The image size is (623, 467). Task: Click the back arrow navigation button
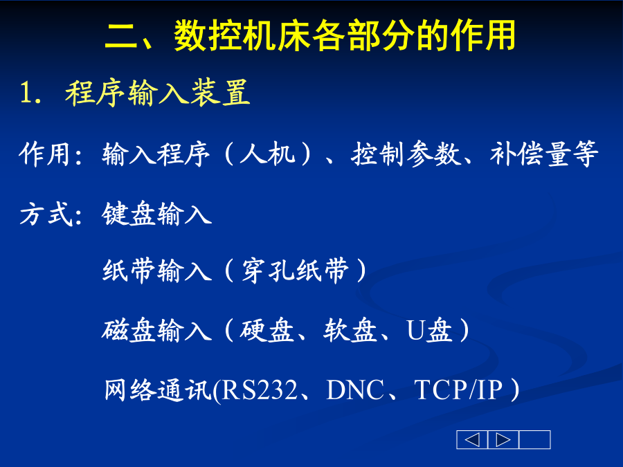[x=472, y=439]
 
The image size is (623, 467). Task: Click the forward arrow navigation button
[x=503, y=439]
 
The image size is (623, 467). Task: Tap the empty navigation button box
[x=534, y=439]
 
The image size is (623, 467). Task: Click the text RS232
[x=260, y=390]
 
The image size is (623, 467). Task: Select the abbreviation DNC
[x=355, y=390]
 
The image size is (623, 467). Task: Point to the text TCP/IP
[x=458, y=390]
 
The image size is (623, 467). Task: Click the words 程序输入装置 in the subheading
[x=158, y=93]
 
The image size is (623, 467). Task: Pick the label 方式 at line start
[x=46, y=214]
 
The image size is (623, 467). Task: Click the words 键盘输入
[x=157, y=214]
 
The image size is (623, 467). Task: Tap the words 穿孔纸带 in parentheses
[x=295, y=271]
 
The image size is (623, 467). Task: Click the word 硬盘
[x=267, y=331]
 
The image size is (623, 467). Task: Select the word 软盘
[x=350, y=331]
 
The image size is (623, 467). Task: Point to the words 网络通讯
[x=158, y=390]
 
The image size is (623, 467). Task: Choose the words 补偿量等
[x=544, y=154]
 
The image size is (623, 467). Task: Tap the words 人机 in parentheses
[x=267, y=154]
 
